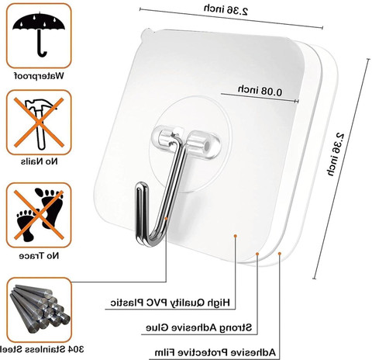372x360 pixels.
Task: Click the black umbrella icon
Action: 39,33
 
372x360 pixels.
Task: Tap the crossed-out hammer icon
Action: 39,123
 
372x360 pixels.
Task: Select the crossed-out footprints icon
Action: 39,215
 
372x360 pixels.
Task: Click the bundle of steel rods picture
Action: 40,309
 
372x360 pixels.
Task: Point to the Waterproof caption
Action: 39,76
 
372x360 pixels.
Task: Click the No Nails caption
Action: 40,161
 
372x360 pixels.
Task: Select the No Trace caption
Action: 39,256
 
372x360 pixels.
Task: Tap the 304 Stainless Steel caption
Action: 41,349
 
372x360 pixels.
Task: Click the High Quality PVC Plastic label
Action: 170,303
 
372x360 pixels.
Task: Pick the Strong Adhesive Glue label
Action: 198,327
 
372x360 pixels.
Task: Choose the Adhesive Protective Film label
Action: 215,352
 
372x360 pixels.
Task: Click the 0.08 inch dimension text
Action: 260,91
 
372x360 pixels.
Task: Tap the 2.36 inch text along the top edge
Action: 226,10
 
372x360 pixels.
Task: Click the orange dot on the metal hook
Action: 166,219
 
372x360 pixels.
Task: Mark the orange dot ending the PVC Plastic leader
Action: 236,236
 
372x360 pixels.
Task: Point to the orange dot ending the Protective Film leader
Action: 280,254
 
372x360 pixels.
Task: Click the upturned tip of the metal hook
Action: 142,185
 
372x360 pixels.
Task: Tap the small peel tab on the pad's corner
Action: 146,33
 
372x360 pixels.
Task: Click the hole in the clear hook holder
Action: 207,146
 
